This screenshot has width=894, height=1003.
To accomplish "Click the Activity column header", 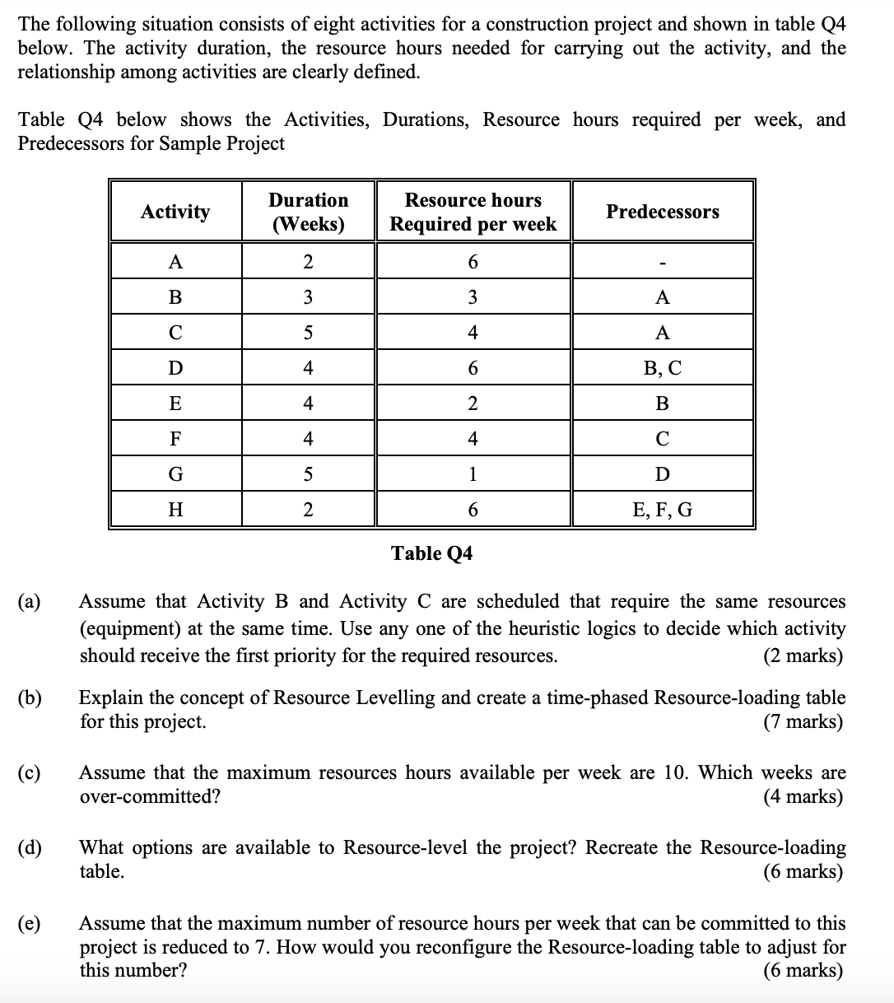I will [175, 212].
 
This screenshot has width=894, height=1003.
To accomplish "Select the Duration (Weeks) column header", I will [308, 212].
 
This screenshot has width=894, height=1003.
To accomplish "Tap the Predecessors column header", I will [663, 212].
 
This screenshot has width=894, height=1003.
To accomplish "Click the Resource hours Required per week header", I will [473, 212].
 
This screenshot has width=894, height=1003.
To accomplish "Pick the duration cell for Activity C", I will [308, 333].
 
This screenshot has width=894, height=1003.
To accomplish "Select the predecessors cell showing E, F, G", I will [663, 510].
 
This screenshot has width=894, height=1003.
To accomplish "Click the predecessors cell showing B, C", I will [663, 368].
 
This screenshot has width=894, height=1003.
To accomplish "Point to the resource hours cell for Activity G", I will [473, 474].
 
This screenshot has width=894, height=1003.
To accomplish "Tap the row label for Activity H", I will [175, 510].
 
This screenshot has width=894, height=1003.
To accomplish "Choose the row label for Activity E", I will [175, 404].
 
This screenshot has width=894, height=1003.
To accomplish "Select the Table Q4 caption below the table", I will [432, 553].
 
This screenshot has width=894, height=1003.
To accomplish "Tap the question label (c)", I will [31, 773].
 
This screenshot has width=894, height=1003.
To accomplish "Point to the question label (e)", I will [31, 923].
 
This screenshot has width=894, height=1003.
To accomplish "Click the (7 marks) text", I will [803, 722].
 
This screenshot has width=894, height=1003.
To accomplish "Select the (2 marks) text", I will [803, 655].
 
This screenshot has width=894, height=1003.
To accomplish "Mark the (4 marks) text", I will [803, 796].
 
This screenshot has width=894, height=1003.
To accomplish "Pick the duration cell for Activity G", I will [308, 474].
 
